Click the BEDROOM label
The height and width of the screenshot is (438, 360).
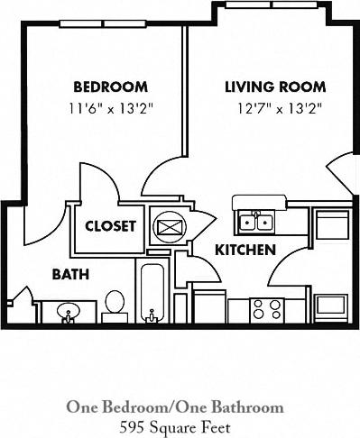click(110, 87)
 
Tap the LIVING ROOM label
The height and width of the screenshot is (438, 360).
click(274, 87)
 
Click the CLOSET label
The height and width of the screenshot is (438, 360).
click(111, 226)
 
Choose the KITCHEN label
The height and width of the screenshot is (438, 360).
click(245, 250)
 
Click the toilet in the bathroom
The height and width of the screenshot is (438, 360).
click(115, 303)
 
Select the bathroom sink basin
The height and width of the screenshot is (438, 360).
click(69, 312)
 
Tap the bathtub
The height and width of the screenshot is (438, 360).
click(152, 293)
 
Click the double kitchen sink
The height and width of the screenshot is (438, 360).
click(257, 220)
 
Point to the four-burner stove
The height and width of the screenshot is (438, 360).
click(267, 309)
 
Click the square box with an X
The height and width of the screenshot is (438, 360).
click(169, 226)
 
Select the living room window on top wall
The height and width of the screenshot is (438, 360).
click(251, 5)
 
